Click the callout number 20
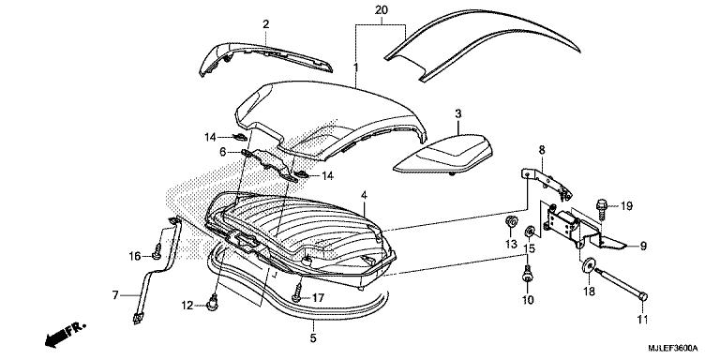point(380,10)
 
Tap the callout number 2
point(266,24)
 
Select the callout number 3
point(458,113)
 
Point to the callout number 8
point(542,150)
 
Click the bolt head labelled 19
point(601,203)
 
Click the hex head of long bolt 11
point(643,297)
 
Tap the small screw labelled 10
point(527,275)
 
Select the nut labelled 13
point(510,222)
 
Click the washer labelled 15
point(530,230)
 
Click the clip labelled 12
point(213,304)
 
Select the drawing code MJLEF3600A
point(672,348)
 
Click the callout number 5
point(313,338)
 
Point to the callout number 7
point(115,294)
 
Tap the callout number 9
point(643,247)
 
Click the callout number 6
point(223,151)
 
